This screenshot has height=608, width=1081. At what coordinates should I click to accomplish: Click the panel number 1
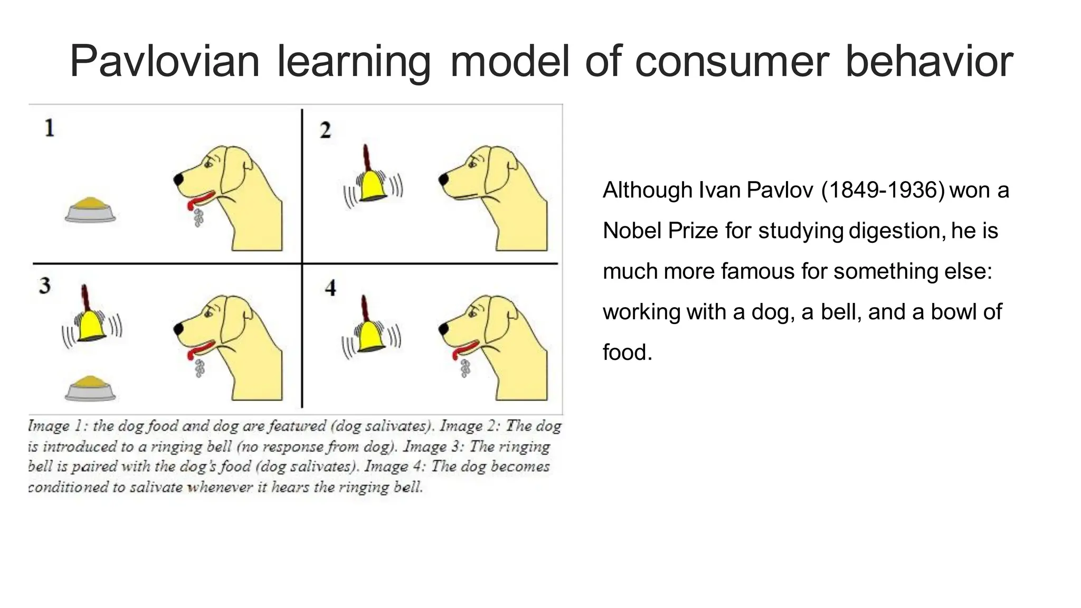[x=49, y=128]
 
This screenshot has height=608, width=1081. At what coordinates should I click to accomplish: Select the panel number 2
[x=325, y=130]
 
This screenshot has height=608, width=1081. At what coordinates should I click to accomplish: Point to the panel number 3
[x=45, y=286]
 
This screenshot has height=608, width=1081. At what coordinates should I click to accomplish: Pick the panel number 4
[x=330, y=288]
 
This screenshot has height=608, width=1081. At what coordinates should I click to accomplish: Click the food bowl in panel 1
[x=90, y=210]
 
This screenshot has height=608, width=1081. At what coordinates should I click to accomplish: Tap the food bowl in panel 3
[x=90, y=388]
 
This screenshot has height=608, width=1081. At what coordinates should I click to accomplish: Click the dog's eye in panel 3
[x=207, y=312]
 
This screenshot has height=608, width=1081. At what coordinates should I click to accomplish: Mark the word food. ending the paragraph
[x=627, y=353]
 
